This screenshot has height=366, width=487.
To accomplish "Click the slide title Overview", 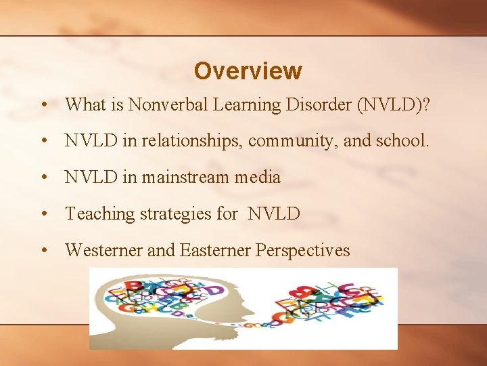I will click(x=248, y=70).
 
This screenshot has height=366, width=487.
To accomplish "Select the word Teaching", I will click(x=100, y=214).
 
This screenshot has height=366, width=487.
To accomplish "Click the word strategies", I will click(x=175, y=214).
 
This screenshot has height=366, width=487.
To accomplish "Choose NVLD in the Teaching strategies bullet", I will click(x=274, y=214).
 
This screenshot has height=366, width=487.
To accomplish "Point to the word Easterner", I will click(x=215, y=251).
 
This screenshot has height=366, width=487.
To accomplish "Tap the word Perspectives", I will click(x=302, y=251).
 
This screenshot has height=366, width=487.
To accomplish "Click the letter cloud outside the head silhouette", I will click(x=331, y=302).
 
